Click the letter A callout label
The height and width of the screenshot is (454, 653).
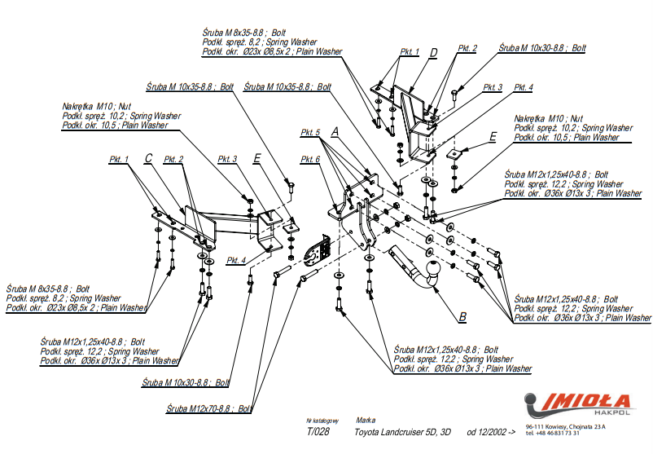(x=333, y=130)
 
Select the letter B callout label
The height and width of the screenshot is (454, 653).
(x=462, y=316)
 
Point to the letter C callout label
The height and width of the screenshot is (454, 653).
(x=148, y=158)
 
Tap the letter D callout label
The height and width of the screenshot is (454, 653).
(x=434, y=53)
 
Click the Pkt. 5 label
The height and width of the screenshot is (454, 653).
(x=310, y=132)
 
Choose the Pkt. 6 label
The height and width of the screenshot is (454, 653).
(x=310, y=159)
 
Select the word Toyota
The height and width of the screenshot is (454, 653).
(x=371, y=432)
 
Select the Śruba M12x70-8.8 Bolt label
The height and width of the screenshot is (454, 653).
(x=208, y=408)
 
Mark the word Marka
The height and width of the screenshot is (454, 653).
(x=366, y=420)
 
